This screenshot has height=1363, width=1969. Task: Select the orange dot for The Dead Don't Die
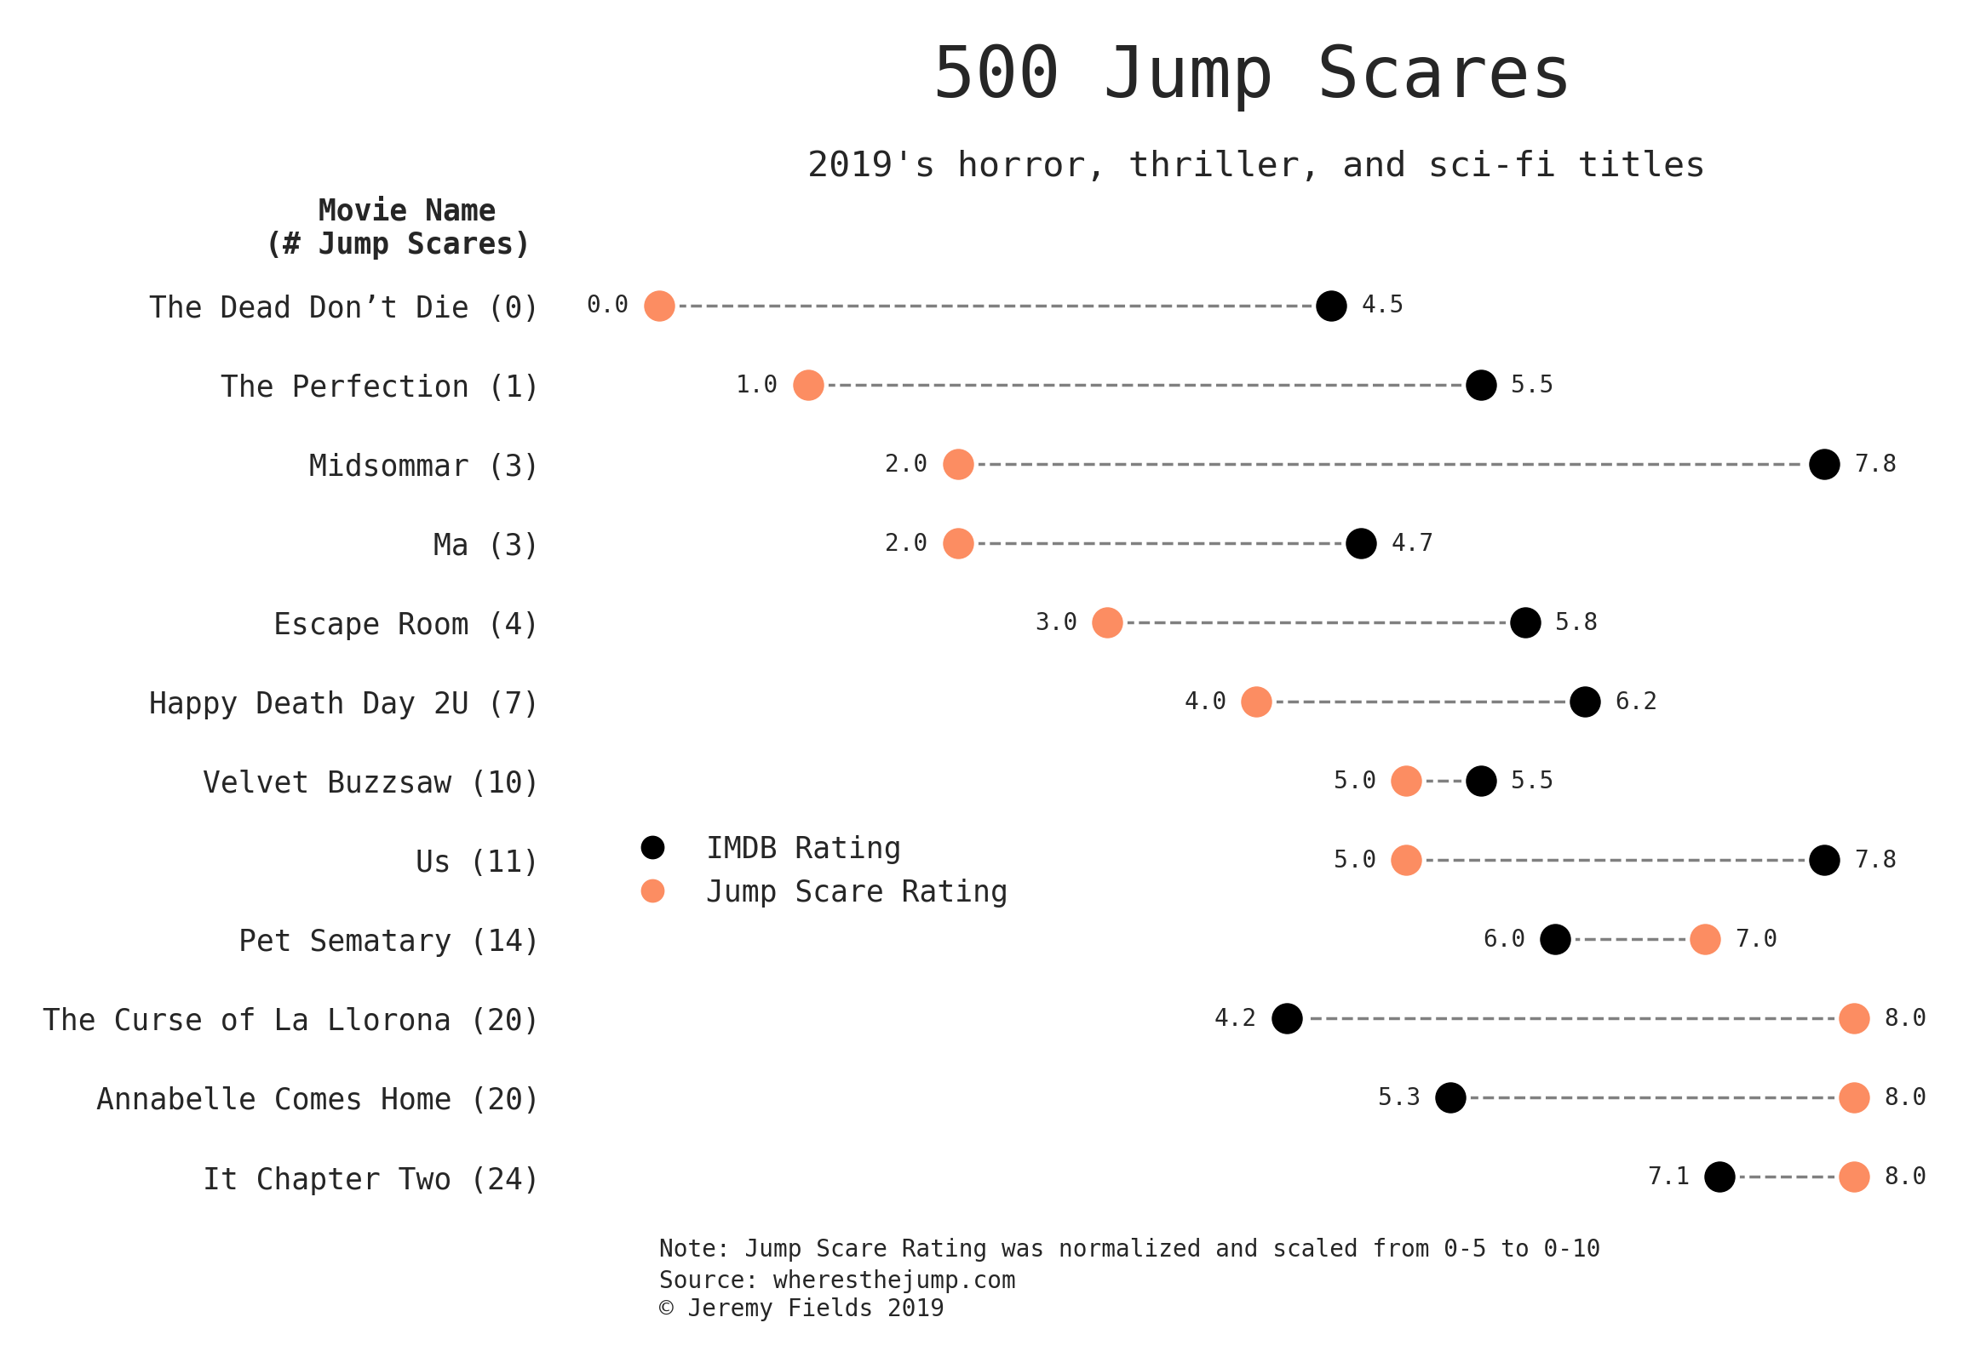point(658,306)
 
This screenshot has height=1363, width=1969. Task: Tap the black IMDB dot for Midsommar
point(1823,465)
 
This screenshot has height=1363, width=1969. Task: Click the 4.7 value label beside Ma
point(1411,543)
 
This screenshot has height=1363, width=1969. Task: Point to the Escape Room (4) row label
point(405,624)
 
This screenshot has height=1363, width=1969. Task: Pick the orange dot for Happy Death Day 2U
point(1255,702)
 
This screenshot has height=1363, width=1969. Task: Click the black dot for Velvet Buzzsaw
point(1480,781)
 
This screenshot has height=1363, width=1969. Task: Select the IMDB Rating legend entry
point(802,848)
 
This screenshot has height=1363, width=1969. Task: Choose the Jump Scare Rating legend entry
point(856,891)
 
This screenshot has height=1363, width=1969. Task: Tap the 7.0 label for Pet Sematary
point(1755,939)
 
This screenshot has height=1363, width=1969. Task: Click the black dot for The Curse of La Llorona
point(1287,1019)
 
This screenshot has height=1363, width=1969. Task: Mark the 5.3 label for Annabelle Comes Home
point(1398,1097)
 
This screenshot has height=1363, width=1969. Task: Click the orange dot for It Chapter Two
point(1854,1177)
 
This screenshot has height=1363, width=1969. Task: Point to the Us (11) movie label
point(476,862)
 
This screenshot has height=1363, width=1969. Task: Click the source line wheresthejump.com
point(836,1280)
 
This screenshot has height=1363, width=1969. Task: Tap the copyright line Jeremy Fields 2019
point(801,1309)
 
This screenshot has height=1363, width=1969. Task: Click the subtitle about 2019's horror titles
point(1254,165)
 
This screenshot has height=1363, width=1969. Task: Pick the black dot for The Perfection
point(1480,385)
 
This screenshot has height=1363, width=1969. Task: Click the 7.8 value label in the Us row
point(1874,860)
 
